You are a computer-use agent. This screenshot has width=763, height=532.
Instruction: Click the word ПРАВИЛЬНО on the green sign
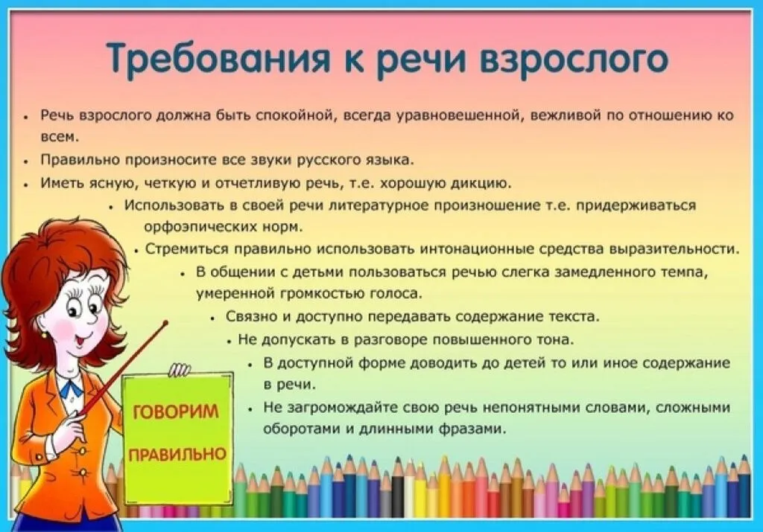tap(177, 453)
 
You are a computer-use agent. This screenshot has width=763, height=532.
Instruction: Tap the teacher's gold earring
tap(44, 336)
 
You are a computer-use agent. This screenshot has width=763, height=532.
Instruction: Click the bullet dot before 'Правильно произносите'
tap(25, 161)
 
